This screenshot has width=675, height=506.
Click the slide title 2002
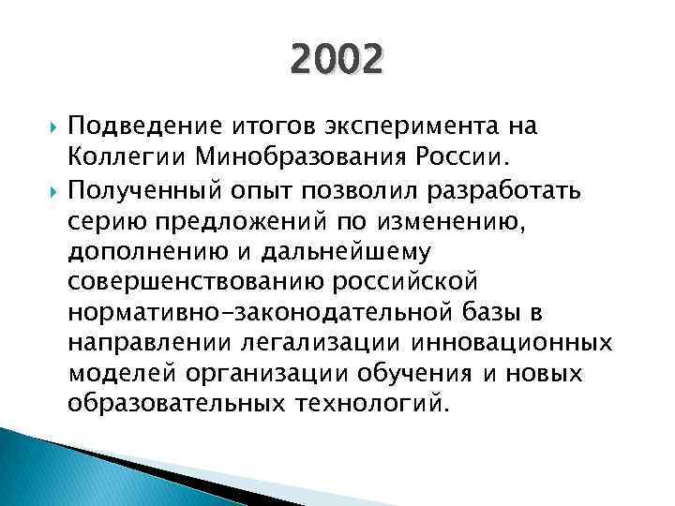tap(337, 62)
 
